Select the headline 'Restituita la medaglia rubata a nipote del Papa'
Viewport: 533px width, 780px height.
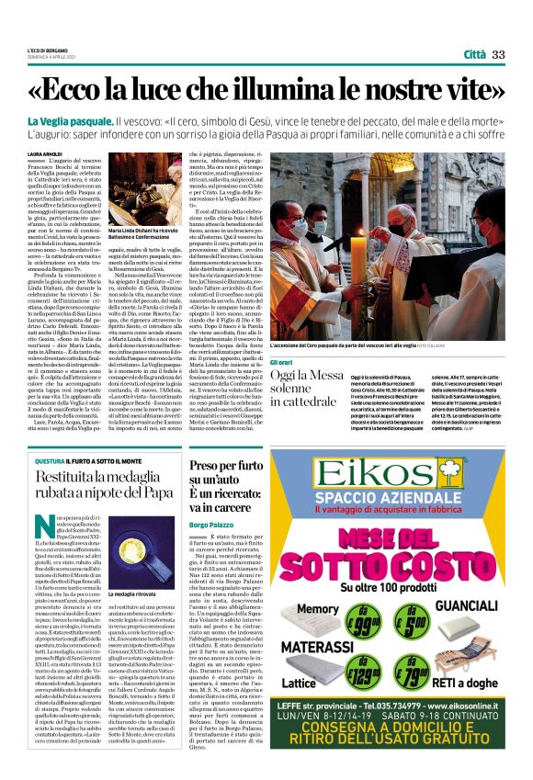tap(105, 483)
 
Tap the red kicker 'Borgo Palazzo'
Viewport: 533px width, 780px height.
tap(210, 524)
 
